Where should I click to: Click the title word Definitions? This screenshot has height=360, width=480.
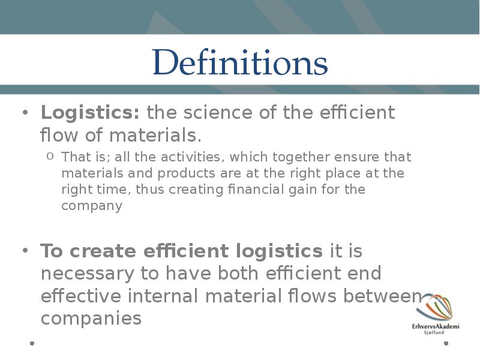pyautogui.click(x=241, y=62)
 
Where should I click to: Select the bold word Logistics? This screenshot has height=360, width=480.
pyautogui.click(x=91, y=113)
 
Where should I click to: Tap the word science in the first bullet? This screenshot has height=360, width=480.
pyautogui.click(x=218, y=112)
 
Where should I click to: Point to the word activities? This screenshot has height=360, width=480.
pyautogui.click(x=190, y=157)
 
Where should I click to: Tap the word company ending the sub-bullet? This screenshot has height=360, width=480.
pyautogui.click(x=92, y=206)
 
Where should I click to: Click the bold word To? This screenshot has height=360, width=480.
pyautogui.click(x=52, y=251)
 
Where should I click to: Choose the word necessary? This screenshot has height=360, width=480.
pyautogui.click(x=87, y=274)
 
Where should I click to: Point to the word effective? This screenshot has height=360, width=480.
pyautogui.click(x=81, y=296)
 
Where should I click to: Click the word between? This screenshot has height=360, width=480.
pyautogui.click(x=382, y=296)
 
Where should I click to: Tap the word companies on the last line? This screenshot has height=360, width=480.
pyautogui.click(x=91, y=319)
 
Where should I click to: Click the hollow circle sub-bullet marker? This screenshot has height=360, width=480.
pyautogui.click(x=50, y=156)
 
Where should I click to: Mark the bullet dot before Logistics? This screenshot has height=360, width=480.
pyautogui.click(x=25, y=112)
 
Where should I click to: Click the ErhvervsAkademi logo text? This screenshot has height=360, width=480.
pyautogui.click(x=436, y=326)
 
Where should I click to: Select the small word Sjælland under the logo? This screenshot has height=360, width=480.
pyautogui.click(x=434, y=332)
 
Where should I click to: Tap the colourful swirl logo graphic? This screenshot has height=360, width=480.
pyautogui.click(x=434, y=307)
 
